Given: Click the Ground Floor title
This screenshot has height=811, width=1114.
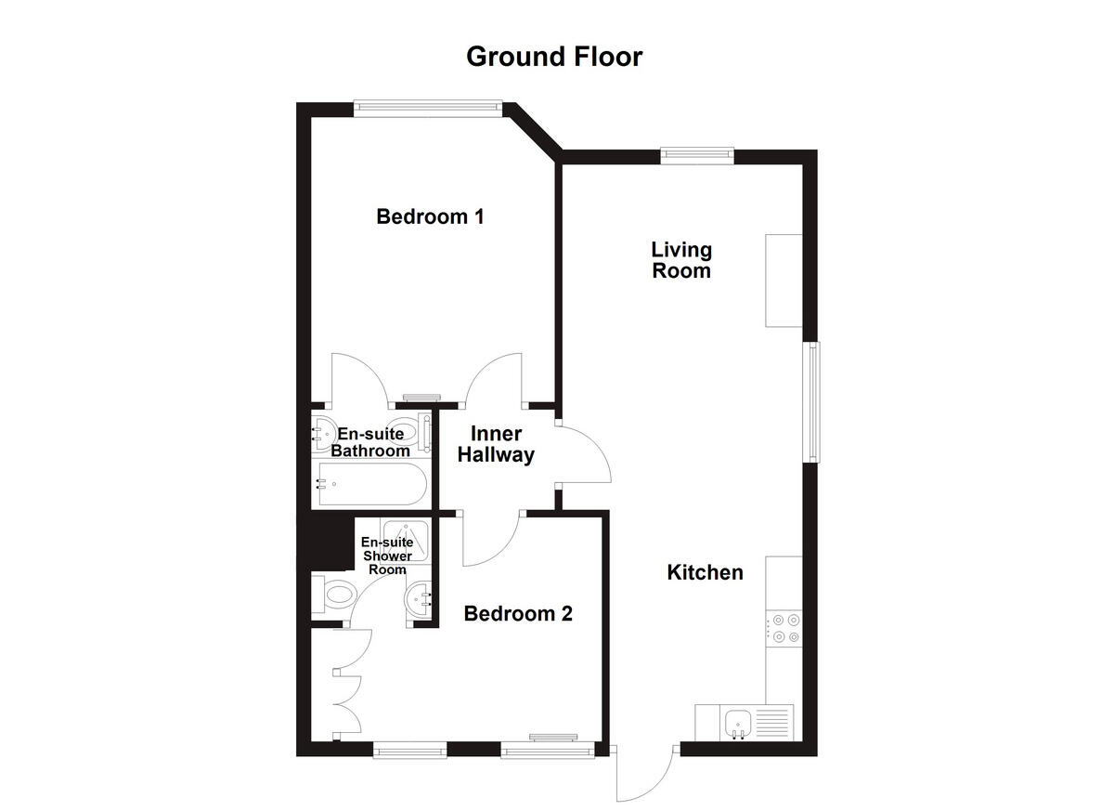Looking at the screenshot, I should click(554, 57).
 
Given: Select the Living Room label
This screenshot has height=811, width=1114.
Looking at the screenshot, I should click(681, 260).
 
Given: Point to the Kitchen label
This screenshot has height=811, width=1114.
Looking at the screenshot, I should click(705, 572).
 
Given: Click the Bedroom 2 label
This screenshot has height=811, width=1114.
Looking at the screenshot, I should click(518, 614).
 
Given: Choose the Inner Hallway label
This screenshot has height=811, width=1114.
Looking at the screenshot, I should click(502, 445).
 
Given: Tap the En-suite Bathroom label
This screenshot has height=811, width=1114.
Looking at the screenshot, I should click(370, 442).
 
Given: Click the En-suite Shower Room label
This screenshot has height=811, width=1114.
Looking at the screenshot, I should click(386, 556).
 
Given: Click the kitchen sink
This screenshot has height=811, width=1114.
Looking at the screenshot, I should click(740, 721).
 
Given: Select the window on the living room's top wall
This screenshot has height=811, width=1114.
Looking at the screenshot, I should click(697, 155).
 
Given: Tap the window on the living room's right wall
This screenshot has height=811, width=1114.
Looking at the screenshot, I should click(813, 401).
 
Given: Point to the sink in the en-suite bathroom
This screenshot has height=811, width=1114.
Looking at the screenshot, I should click(324, 433).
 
